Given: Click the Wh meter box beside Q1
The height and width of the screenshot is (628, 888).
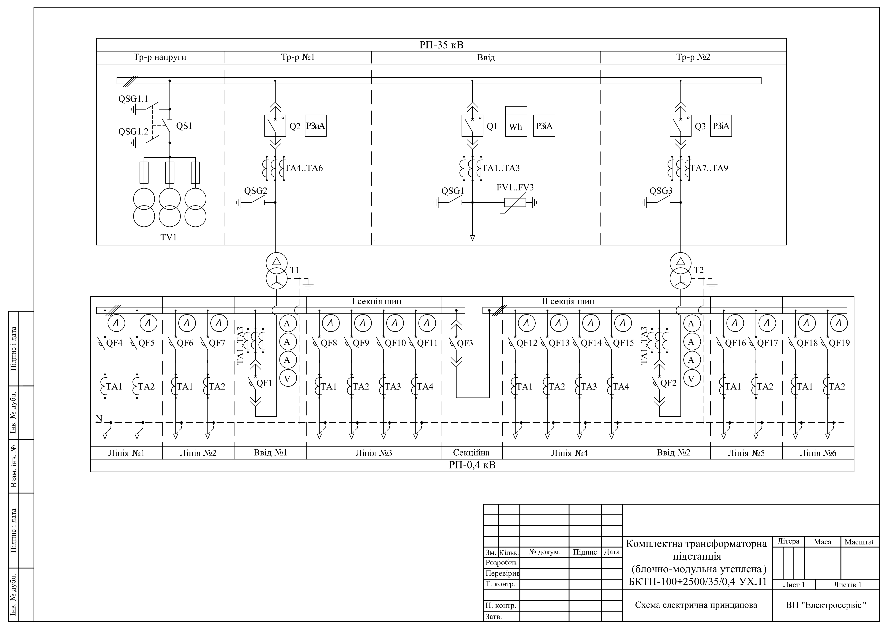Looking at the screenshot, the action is [x=516, y=122].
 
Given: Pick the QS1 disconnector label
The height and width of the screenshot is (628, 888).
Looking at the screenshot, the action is [x=184, y=126].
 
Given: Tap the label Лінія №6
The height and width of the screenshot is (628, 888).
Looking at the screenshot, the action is [x=818, y=453].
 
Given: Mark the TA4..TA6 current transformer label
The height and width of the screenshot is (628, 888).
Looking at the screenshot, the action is [x=304, y=168].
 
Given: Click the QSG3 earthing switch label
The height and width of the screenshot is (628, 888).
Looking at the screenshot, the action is [x=661, y=191].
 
